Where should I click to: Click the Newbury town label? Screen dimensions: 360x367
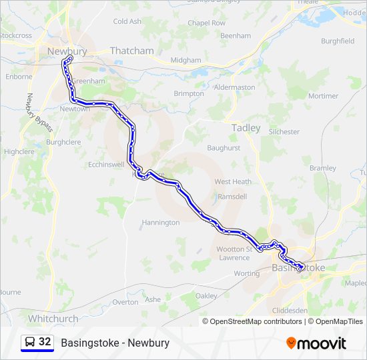[x=67, y=51]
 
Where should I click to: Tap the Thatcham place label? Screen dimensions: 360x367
[x=131, y=51]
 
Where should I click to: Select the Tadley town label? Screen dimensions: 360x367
[x=246, y=128]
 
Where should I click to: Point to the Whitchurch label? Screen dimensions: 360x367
[x=53, y=319]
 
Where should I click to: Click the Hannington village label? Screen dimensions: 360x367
[x=161, y=222]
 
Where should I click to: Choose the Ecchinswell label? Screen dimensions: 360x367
[x=106, y=163]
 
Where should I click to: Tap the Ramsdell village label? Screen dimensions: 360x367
[x=233, y=197]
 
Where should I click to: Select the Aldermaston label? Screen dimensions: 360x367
[x=234, y=87]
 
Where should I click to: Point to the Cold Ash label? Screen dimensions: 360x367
[x=127, y=21]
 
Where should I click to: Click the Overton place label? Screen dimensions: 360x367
[x=125, y=302]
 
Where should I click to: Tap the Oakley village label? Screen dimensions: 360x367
[x=207, y=295]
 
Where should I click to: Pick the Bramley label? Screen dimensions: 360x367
[x=323, y=168]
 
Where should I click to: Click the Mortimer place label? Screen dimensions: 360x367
[x=324, y=96]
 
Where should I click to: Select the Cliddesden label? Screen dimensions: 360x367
[x=291, y=311]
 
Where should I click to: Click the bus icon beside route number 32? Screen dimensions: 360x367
[x=30, y=342]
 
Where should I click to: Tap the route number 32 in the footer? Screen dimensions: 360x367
[x=45, y=342]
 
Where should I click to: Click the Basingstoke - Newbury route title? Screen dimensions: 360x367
[x=115, y=343]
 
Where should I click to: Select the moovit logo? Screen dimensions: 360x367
[x=316, y=343]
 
